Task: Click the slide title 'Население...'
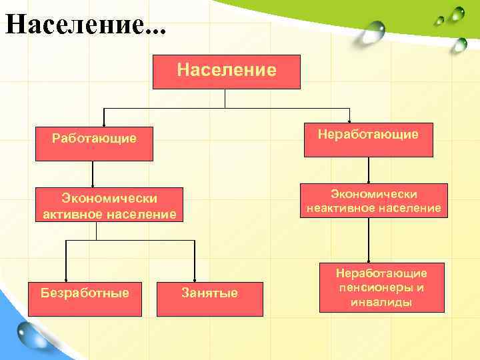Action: pyautogui.click(x=85, y=25)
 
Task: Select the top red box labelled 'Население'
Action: pyautogui.click(x=227, y=71)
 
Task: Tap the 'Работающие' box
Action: pyautogui.click(x=94, y=143)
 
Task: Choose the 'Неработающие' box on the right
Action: pyautogui.click(x=368, y=139)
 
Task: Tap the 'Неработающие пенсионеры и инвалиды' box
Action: pyautogui.click(x=381, y=287)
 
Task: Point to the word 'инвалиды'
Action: pyautogui.click(x=381, y=302)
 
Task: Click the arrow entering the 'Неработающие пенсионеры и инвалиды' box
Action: pyautogui.click(x=369, y=253)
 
